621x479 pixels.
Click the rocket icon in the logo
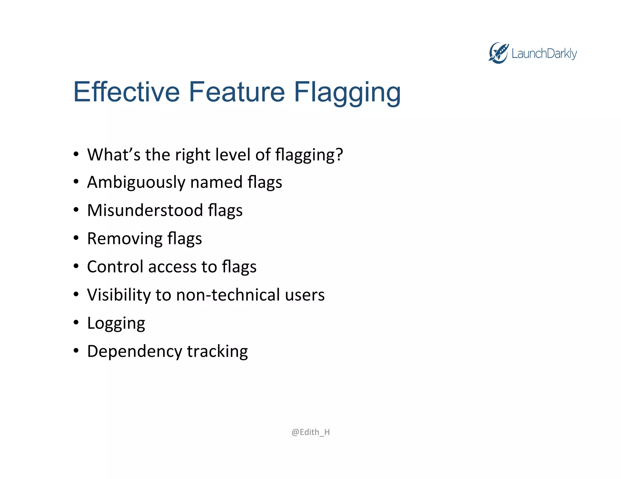tap(498, 53)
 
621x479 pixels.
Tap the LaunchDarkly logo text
tap(544, 54)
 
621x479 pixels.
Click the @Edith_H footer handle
tap(310, 432)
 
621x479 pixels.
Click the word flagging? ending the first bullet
tap(309, 155)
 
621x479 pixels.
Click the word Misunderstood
tap(145, 210)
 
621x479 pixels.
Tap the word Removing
tap(125, 239)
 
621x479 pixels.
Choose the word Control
tap(115, 266)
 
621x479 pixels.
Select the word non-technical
tap(228, 295)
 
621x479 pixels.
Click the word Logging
tap(116, 323)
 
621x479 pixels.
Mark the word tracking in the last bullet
tap(217, 352)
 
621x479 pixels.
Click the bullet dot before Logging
tap(76, 322)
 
